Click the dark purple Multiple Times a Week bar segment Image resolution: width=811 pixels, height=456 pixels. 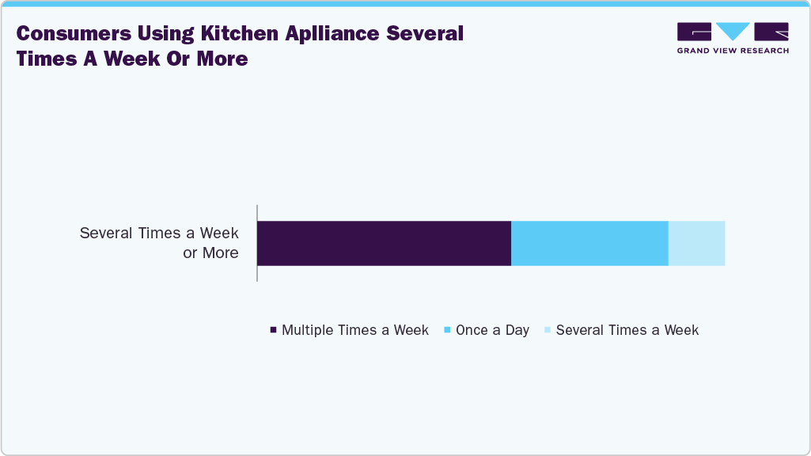[x=384, y=243]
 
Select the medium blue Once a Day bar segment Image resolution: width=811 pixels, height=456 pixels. [x=589, y=243]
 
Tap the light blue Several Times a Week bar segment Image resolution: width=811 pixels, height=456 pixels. [x=696, y=243]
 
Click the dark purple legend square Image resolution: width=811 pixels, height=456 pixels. [x=274, y=330]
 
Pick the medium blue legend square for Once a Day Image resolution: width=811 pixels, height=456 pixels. [x=448, y=330]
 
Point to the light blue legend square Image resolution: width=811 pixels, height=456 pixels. [x=548, y=330]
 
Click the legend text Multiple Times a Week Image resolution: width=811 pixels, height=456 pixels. [x=355, y=330]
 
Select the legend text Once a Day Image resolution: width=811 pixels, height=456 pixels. [x=492, y=330]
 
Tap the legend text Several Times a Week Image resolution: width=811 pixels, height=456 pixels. [x=627, y=330]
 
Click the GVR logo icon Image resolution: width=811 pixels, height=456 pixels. [x=733, y=32]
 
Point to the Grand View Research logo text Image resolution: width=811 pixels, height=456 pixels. [x=733, y=51]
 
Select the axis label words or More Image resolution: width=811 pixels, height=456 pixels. [x=210, y=253]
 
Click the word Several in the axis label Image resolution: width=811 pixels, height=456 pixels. [x=107, y=234]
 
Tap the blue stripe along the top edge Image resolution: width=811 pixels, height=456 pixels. [x=405, y=3]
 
